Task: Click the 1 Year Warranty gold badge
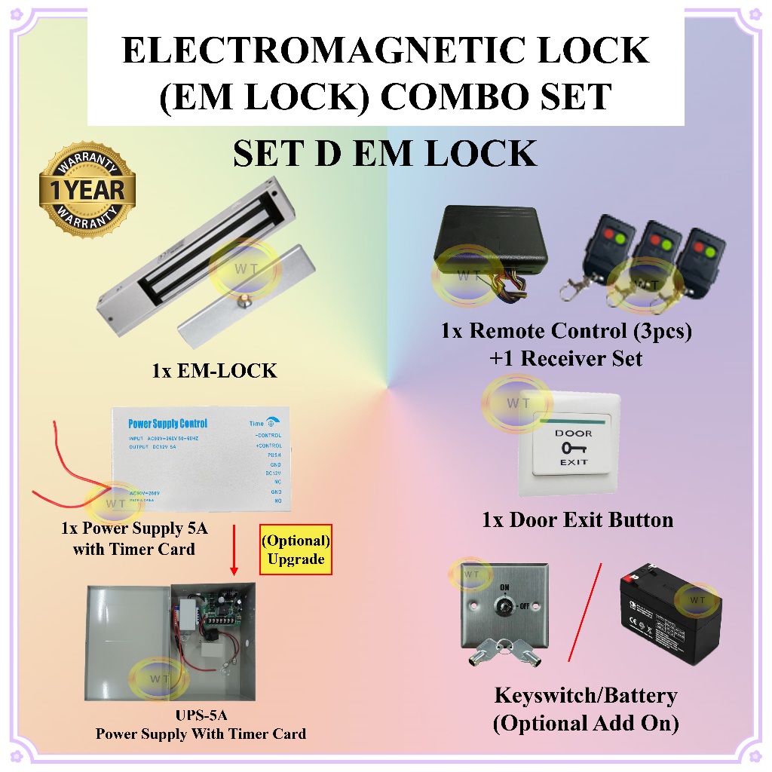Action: [87, 185]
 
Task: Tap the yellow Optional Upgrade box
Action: [296, 550]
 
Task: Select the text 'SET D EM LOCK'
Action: [385, 154]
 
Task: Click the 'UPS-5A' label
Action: [201, 716]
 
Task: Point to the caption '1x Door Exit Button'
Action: [577, 519]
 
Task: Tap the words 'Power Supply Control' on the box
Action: [167, 424]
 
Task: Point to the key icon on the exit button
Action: [573, 448]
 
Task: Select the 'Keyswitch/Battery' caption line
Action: [585, 695]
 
